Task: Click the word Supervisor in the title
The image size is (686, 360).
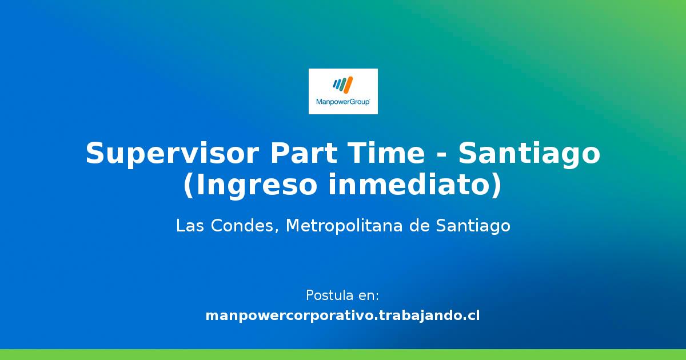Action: point(173,154)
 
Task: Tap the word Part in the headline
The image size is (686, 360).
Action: point(304,153)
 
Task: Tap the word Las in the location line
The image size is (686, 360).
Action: point(190,226)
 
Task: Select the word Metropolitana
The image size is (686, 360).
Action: point(344,226)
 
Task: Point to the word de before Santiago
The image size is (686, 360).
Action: point(419,226)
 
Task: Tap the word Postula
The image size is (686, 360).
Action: point(325,296)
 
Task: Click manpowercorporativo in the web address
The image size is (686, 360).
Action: point(290,316)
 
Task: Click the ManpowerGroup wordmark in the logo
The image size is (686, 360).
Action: point(343,102)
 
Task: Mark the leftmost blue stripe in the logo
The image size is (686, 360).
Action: point(336,83)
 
